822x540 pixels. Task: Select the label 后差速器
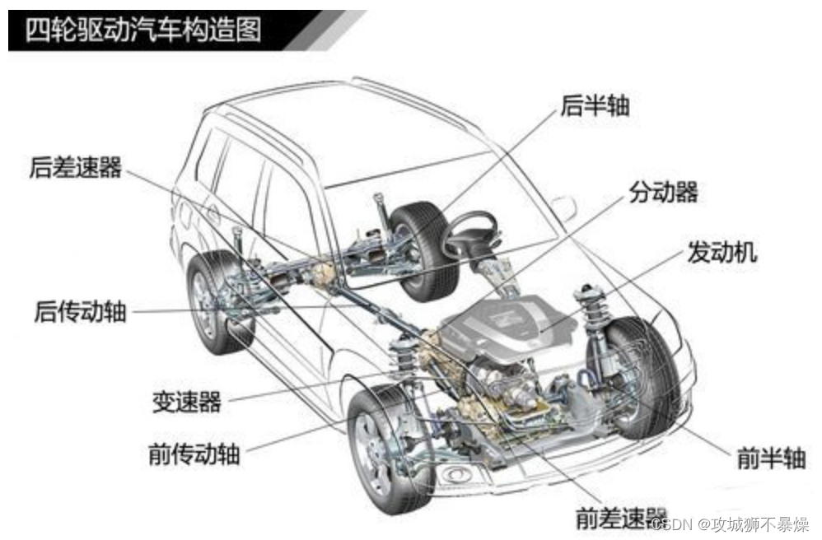[x=75, y=168]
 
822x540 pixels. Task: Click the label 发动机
[x=722, y=252]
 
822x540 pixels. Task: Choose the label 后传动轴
[x=81, y=312]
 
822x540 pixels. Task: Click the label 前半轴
[x=771, y=458]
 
